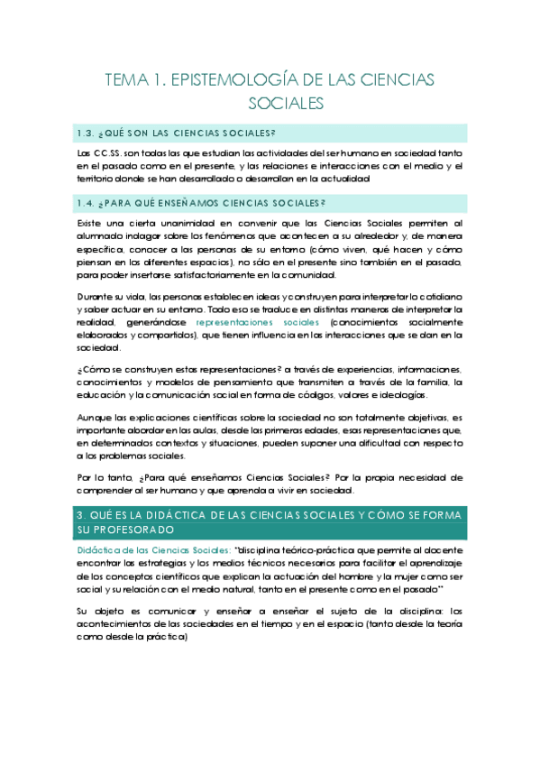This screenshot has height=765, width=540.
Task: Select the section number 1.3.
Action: pos(88,134)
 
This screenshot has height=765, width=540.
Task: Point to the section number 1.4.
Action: pos(88,204)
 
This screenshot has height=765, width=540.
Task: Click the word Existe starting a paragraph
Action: pos(91,223)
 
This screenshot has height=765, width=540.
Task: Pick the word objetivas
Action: pos(426,418)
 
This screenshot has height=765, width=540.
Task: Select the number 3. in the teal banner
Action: pos(83,515)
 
